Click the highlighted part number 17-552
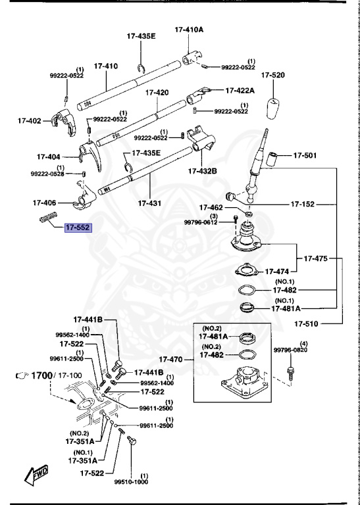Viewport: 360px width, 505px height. pyautogui.click(x=77, y=228)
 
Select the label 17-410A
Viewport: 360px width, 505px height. pyautogui.click(x=189, y=30)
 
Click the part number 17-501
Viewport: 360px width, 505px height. pyautogui.click(x=305, y=156)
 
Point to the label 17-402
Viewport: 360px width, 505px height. pyautogui.click(x=30, y=121)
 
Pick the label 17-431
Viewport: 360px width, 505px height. pyautogui.click(x=150, y=204)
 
